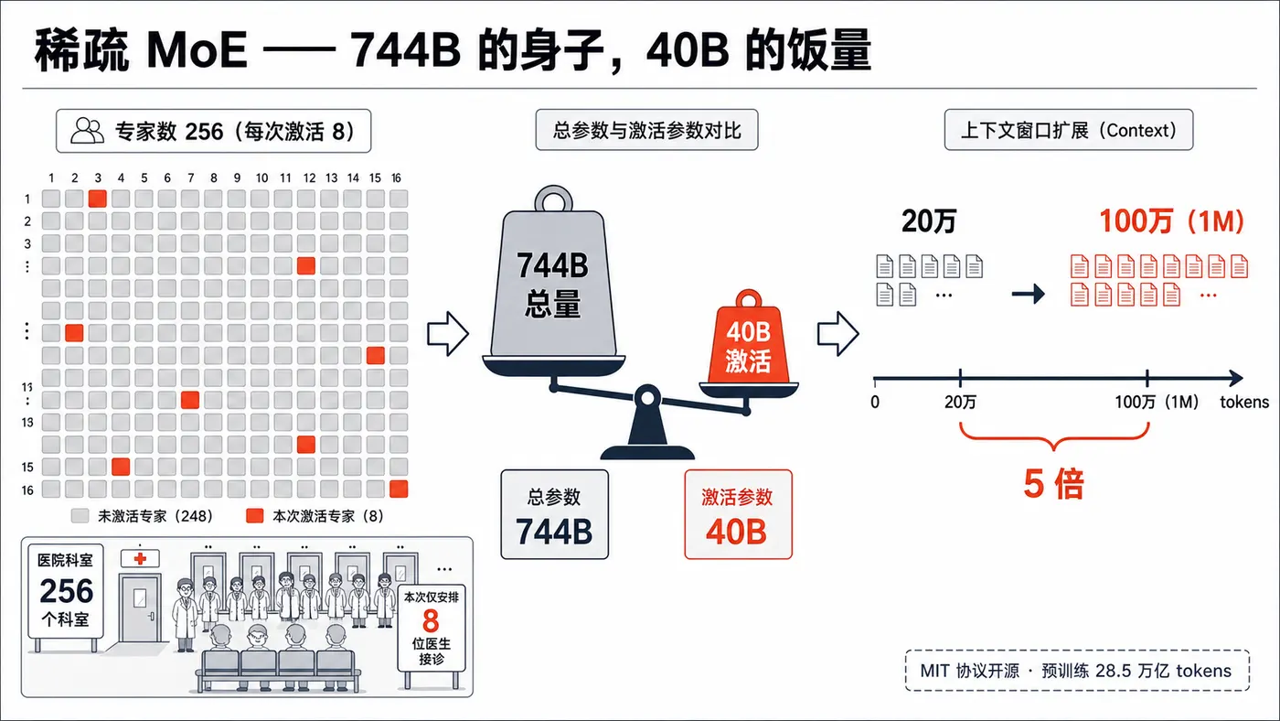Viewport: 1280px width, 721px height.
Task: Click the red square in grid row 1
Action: coord(98,199)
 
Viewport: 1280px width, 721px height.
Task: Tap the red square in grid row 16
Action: coord(399,489)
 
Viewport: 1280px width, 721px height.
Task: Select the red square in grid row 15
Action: coord(121,467)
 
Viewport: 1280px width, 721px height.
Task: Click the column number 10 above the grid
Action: coord(261,178)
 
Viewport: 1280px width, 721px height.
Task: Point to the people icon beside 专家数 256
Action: coord(87,131)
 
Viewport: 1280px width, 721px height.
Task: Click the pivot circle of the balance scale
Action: coord(647,397)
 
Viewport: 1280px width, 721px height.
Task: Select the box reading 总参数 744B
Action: coord(554,514)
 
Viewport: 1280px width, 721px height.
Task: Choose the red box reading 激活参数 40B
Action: coord(739,514)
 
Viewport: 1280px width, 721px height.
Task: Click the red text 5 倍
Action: coord(1053,484)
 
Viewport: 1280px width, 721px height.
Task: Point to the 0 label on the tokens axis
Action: coord(875,402)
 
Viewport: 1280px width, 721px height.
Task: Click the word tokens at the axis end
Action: coord(1244,402)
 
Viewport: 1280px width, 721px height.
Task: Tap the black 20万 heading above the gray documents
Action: coord(929,221)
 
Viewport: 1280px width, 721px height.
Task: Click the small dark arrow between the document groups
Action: coord(1028,294)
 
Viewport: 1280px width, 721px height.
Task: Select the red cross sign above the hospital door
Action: coord(140,558)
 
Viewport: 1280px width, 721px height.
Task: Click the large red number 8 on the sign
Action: coord(431,620)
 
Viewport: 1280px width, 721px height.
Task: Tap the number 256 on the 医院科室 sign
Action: coord(66,591)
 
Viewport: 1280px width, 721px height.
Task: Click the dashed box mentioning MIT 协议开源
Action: coord(1077,670)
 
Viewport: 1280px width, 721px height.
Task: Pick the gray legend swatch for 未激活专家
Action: coord(80,516)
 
